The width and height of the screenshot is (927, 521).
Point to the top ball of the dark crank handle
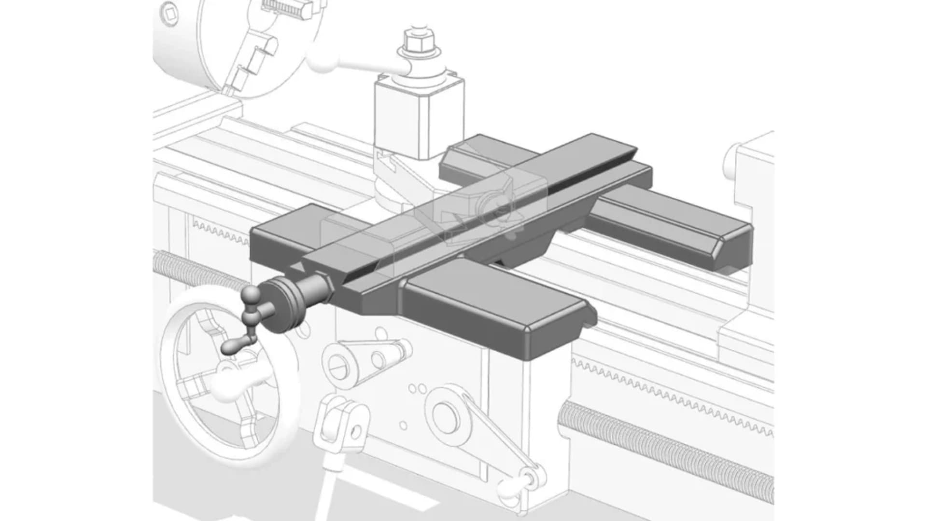click(x=251, y=293)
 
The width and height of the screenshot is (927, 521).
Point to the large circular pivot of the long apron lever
click(x=445, y=415)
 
